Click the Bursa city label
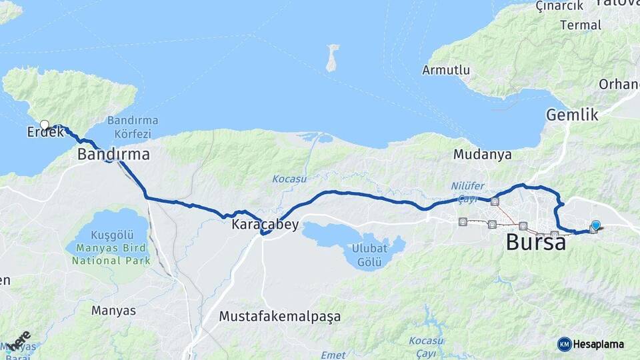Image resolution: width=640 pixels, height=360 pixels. click(x=535, y=242)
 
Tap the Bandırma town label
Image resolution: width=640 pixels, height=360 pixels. click(x=113, y=155)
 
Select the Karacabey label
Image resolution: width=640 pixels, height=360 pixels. click(x=265, y=225)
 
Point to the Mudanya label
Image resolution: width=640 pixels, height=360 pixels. click(x=482, y=155)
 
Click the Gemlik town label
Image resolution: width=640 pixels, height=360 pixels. click(x=572, y=115)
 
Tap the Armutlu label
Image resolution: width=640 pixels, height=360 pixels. click(x=446, y=70)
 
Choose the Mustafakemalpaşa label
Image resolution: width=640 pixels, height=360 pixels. click(x=279, y=317)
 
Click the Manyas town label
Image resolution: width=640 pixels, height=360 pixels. click(x=113, y=311)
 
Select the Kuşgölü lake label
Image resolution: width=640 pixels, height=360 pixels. click(x=110, y=235)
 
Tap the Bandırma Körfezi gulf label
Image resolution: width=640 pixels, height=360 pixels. click(x=133, y=126)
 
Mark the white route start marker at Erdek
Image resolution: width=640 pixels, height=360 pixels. click(x=45, y=125)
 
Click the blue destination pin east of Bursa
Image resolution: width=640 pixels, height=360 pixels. click(x=596, y=225)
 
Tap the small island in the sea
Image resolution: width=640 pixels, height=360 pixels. click(x=331, y=58)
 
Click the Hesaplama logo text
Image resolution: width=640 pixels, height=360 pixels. click(x=599, y=344)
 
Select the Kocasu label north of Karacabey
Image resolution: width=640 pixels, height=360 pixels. click(x=288, y=179)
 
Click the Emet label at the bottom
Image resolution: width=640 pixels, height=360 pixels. click(x=333, y=355)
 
